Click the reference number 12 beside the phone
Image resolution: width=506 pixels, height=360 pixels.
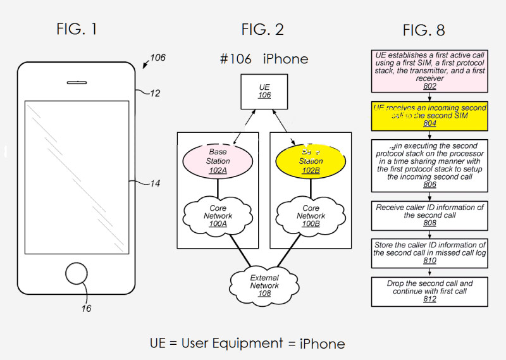click(x=155, y=93)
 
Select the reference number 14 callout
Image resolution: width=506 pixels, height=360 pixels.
click(x=154, y=183)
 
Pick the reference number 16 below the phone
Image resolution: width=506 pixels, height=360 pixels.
click(x=86, y=308)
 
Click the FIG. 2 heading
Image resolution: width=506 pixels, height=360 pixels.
click(x=262, y=29)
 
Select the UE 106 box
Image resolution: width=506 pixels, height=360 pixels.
click(x=264, y=90)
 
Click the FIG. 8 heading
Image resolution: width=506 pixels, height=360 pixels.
click(x=424, y=30)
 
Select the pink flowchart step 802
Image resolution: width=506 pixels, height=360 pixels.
click(x=430, y=71)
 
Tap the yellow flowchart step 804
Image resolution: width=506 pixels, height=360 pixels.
click(x=430, y=116)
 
